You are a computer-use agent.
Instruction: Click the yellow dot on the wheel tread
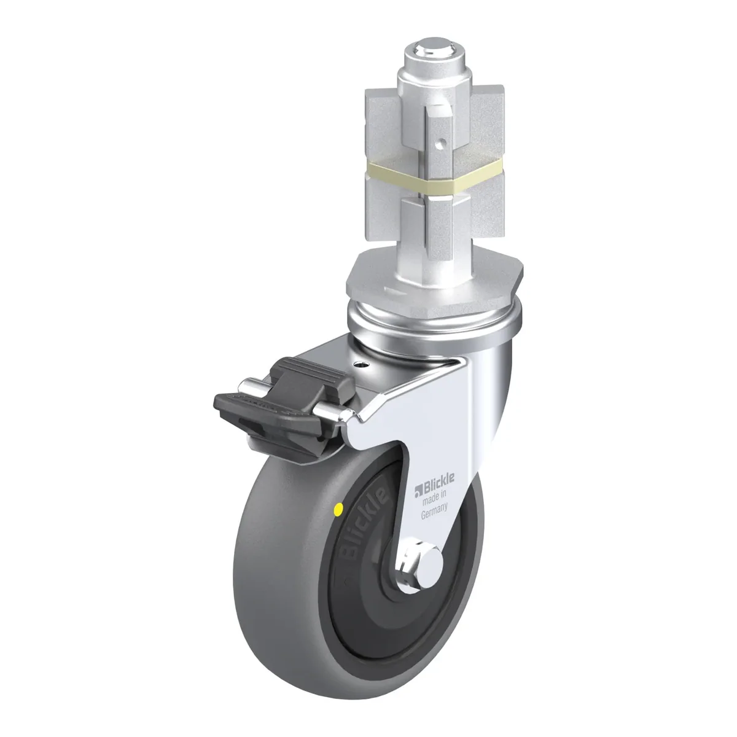pyautogui.click(x=338, y=509)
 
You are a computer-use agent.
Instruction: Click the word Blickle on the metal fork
pyautogui.click(x=439, y=479)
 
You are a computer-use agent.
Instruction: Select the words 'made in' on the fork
pyautogui.click(x=434, y=497)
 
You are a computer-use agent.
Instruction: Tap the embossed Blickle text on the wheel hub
pyautogui.click(x=361, y=524)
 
